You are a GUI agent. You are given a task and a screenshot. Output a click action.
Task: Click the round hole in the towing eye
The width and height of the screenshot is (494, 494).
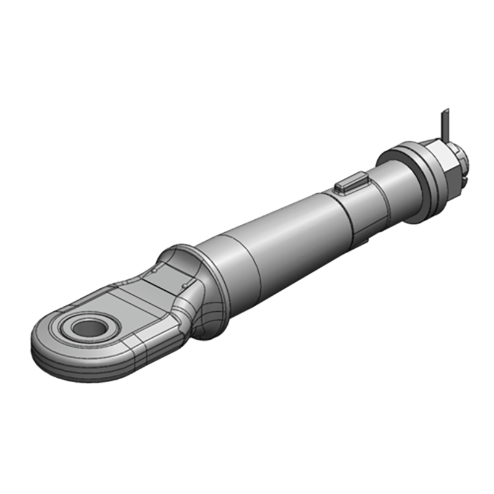tap(88, 327)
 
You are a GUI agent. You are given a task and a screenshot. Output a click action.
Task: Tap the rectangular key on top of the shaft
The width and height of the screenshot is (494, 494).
tap(350, 184)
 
